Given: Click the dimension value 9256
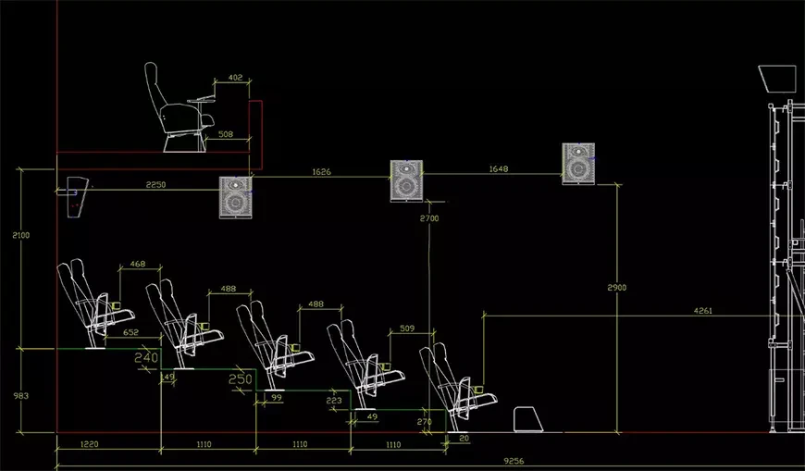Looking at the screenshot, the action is [x=514, y=461].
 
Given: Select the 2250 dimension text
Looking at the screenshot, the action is [x=155, y=185].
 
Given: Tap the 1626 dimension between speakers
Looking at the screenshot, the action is [x=321, y=172].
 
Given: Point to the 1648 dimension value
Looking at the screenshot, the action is [x=499, y=169].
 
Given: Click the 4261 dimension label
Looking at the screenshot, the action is [x=703, y=311].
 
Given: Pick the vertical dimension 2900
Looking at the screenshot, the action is [x=616, y=288].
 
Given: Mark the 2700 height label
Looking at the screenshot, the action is [x=429, y=218].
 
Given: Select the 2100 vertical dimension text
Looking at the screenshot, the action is [x=21, y=235].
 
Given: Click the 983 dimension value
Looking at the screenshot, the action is [x=21, y=396].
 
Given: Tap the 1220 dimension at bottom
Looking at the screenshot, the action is [x=90, y=444].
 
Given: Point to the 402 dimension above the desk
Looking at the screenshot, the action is [x=235, y=78].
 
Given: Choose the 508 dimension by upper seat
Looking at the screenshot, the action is [x=226, y=134].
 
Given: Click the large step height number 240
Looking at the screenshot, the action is [x=146, y=357].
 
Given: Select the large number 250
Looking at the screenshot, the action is [x=241, y=379].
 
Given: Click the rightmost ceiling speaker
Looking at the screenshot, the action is [x=578, y=164].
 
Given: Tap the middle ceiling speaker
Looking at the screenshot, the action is [x=406, y=180].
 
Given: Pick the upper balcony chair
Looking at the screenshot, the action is [x=180, y=108].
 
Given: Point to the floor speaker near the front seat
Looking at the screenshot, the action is [x=528, y=419].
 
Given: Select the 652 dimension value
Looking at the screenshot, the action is [x=130, y=332].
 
